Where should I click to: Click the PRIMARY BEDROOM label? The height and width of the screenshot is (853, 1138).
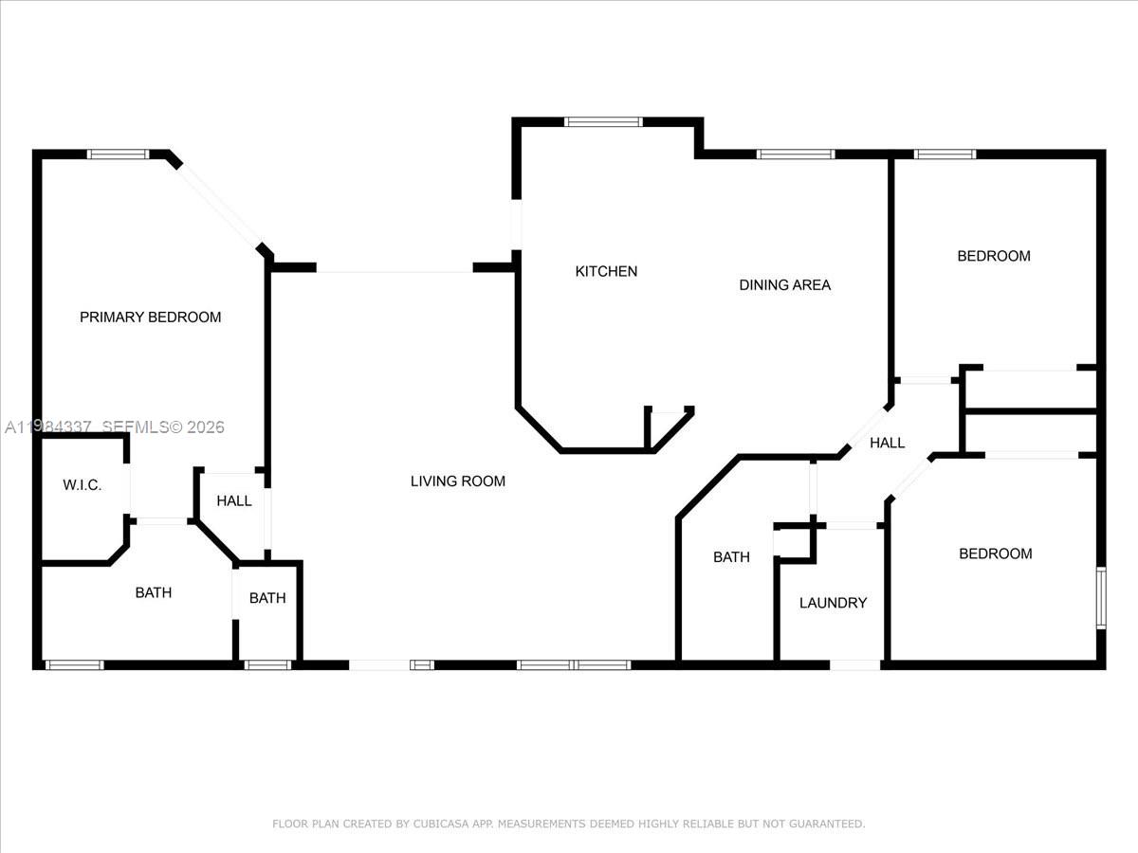click(150, 318)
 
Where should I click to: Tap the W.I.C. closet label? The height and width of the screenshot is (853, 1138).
click(82, 485)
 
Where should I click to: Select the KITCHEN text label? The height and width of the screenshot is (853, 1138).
click(606, 272)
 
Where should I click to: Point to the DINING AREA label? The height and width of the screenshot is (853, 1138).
click(784, 285)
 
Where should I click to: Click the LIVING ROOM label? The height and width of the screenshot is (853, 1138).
click(457, 481)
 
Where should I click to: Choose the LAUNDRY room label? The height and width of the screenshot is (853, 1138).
click(833, 603)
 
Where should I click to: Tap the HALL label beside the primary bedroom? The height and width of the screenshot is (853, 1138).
click(233, 500)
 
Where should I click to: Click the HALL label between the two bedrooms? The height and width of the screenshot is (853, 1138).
click(887, 443)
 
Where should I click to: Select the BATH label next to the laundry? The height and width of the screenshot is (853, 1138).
click(731, 557)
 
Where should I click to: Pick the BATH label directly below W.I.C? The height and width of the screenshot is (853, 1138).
click(153, 593)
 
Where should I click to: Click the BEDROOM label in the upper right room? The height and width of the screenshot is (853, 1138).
click(993, 256)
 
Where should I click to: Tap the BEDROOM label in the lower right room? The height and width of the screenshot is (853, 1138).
click(995, 554)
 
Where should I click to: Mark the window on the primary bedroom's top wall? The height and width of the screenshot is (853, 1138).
click(118, 154)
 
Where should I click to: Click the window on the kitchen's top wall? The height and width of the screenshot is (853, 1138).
click(603, 121)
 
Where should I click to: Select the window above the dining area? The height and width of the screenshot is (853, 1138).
click(795, 154)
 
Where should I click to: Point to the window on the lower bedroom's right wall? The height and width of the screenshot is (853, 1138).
click(1100, 597)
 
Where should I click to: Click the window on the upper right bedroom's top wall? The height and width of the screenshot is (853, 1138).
click(945, 154)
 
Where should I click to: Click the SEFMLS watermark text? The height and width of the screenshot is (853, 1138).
click(133, 427)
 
